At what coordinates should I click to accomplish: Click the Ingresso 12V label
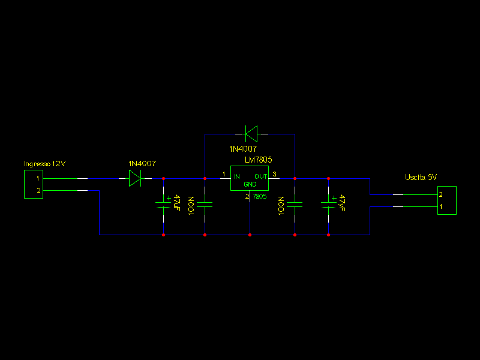tap(44, 164)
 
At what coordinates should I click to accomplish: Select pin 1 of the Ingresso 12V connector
tap(38, 178)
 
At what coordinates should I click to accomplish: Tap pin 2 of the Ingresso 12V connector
tap(38, 190)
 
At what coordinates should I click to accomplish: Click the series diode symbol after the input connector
tap(135, 178)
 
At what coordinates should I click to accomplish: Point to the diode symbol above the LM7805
tap(251, 133)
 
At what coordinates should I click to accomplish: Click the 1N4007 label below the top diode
tap(243, 148)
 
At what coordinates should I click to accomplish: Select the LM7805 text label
tap(259, 160)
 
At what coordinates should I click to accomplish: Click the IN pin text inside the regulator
tap(237, 176)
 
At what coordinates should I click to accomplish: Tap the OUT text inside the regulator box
tap(261, 176)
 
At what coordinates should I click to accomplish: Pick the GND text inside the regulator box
tap(250, 185)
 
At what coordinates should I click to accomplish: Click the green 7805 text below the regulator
tap(259, 196)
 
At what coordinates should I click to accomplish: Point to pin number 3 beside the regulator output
tap(275, 174)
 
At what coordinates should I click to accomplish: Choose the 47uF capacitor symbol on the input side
tap(163, 204)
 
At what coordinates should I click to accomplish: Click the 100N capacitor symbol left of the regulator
tap(205, 205)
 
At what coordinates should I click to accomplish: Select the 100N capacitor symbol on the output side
tap(295, 205)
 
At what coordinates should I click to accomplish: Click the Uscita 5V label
tap(421, 177)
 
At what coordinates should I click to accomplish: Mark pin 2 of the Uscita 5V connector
tap(441, 194)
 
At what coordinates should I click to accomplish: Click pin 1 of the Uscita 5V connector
tap(441, 206)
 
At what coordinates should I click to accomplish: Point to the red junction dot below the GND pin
tap(250, 235)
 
